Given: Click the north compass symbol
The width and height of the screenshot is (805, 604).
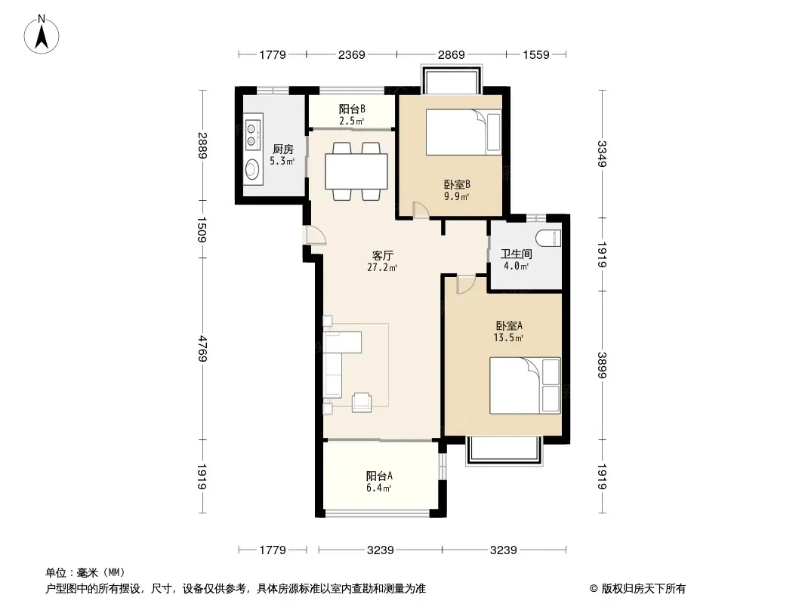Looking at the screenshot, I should pyautogui.click(x=42, y=33).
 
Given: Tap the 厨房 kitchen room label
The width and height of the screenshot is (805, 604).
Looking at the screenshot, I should pyautogui.click(x=261, y=149).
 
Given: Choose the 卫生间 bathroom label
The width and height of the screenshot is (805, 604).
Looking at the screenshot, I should pyautogui.click(x=516, y=254).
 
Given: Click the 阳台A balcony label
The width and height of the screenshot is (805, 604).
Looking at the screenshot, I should pyautogui.click(x=379, y=476).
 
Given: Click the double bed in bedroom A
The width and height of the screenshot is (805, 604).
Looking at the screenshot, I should pyautogui.click(x=525, y=385).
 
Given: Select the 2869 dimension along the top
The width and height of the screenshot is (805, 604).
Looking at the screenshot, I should pyautogui.click(x=452, y=54).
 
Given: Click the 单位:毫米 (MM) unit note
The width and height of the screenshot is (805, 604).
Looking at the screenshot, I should pyautogui.click(x=85, y=572).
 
